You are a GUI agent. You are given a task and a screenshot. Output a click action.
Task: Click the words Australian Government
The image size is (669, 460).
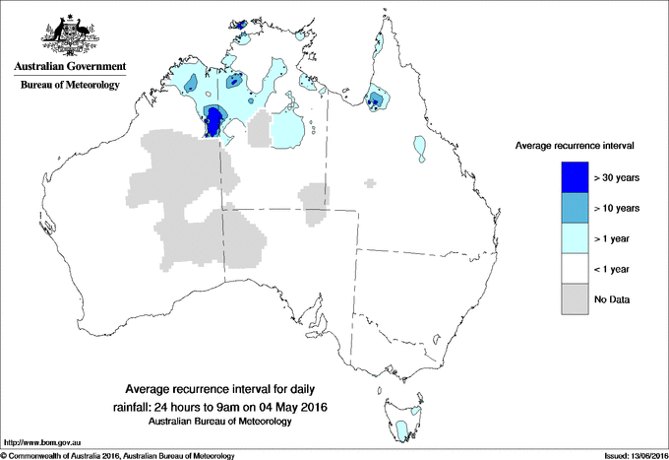tap(68, 69)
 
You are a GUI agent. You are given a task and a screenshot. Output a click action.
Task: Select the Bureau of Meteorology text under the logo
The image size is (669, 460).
tap(69, 86)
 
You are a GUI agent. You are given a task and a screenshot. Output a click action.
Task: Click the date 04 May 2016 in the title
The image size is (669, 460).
tap(292, 407)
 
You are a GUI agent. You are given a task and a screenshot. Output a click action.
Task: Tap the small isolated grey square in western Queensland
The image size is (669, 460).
tap(369, 182)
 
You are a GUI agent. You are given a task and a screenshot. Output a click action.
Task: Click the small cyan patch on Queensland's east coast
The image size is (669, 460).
tap(421, 149)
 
